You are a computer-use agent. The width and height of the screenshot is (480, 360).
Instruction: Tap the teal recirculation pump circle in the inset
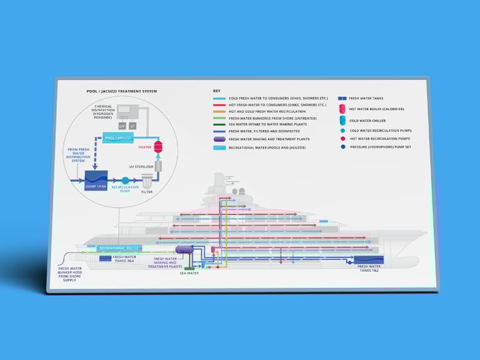(125, 180)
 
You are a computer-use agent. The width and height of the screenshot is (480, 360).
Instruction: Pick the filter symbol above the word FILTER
(147, 181)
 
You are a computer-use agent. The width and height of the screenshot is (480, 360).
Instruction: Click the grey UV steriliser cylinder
(158, 165)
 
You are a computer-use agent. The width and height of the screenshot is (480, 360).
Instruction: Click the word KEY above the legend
(216, 91)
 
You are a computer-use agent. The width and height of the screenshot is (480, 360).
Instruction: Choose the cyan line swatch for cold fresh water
(219, 99)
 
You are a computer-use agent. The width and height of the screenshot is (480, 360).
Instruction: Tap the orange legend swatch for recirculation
(219, 111)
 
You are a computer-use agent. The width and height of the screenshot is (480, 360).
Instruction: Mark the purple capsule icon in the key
(219, 139)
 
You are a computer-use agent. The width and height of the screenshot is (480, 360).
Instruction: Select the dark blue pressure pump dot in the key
(342, 147)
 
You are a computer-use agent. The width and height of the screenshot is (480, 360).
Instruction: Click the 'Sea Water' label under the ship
(189, 273)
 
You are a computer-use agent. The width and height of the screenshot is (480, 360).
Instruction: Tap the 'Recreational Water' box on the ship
(119, 248)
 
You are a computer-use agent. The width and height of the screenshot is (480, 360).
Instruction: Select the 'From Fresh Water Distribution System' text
(79, 154)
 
